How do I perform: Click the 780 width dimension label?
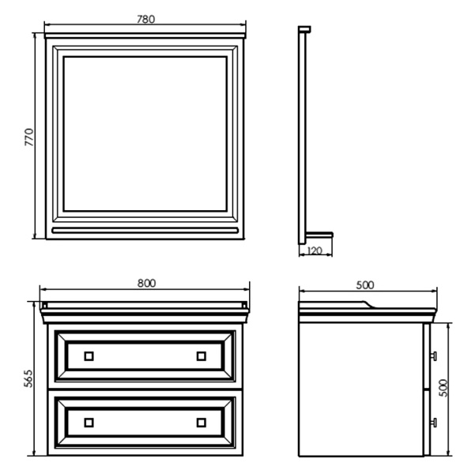[x=145, y=19]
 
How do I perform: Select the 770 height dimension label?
[x=29, y=137]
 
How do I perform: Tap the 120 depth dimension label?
[x=315, y=250]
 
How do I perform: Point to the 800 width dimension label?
[x=147, y=283]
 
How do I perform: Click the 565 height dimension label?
[x=28, y=378]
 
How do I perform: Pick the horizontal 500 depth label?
[x=365, y=285]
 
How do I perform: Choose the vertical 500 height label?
[x=443, y=388]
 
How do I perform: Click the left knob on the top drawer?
[x=89, y=356]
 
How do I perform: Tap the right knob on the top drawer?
[x=202, y=356]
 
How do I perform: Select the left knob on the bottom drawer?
[x=89, y=423]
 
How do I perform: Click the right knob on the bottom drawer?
[x=202, y=423]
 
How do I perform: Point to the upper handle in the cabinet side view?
[x=433, y=356]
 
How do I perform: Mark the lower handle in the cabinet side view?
[x=433, y=423]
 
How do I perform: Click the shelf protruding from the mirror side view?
[x=319, y=235]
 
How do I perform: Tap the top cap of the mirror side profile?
[x=304, y=29]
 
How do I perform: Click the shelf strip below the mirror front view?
[x=145, y=231]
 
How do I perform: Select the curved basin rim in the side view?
[x=368, y=304]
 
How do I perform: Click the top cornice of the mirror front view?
[x=145, y=36]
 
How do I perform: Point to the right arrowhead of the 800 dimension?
[x=247, y=289]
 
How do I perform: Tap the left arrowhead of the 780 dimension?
[x=47, y=24]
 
